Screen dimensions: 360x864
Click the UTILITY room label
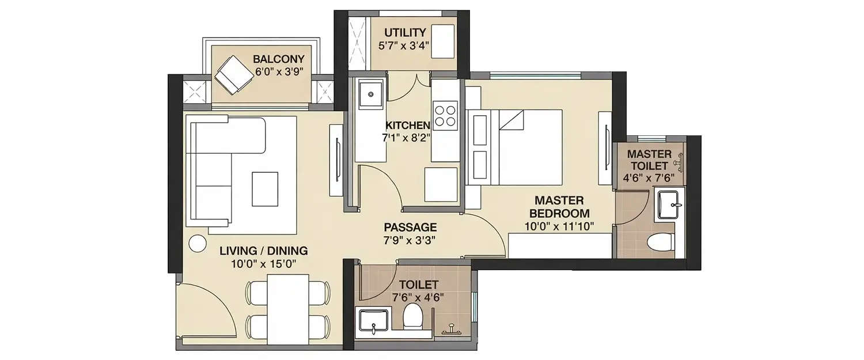point(405,32)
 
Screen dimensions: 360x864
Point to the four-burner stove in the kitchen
point(445,114)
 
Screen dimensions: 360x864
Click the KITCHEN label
point(407,126)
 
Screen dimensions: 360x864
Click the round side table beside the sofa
point(197,244)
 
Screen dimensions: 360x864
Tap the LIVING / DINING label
point(263,251)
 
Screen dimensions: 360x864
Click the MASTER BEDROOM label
point(559,207)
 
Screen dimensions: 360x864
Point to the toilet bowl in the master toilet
point(660,243)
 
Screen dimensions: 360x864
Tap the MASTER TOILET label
point(649,160)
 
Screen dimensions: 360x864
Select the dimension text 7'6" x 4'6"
point(418,297)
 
